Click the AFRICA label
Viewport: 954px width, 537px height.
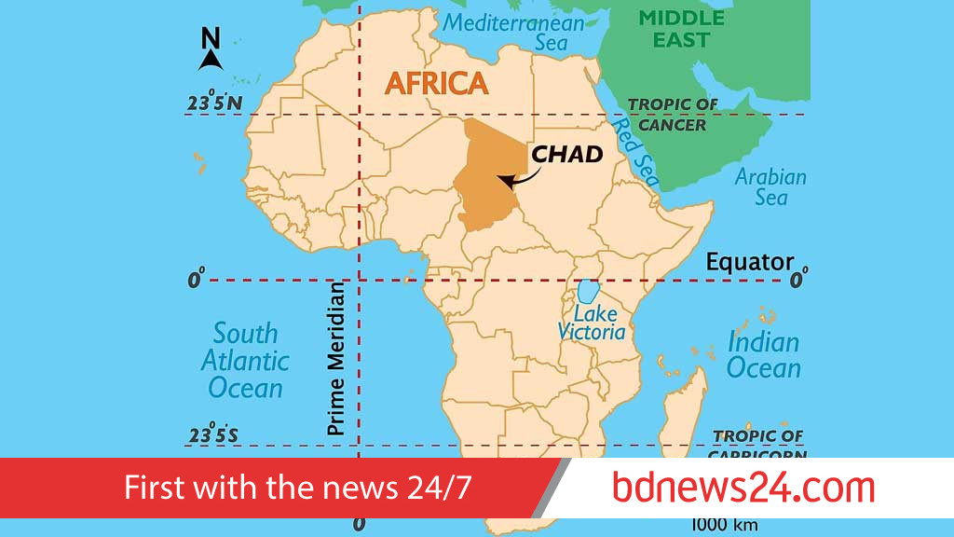pyautogui.click(x=436, y=83)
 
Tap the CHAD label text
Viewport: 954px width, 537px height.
pyautogui.click(x=566, y=154)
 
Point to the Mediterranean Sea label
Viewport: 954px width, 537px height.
pyautogui.click(x=513, y=32)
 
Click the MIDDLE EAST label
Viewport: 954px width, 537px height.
pyautogui.click(x=682, y=29)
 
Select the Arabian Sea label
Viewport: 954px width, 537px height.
pyautogui.click(x=770, y=186)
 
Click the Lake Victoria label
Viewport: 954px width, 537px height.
pyautogui.click(x=591, y=322)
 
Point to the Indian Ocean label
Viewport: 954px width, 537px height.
pyautogui.click(x=763, y=355)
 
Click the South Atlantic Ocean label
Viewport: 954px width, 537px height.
pyautogui.click(x=245, y=360)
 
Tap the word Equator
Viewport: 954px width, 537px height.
pyautogui.click(x=749, y=262)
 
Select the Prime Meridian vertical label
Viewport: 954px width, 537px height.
pyautogui.click(x=336, y=360)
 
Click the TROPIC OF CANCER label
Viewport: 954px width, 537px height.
pyautogui.click(x=673, y=115)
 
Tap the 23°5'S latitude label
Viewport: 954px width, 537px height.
pyautogui.click(x=213, y=435)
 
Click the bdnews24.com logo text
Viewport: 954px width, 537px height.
pyautogui.click(x=743, y=488)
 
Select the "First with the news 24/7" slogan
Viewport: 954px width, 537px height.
pyautogui.click(x=298, y=488)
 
